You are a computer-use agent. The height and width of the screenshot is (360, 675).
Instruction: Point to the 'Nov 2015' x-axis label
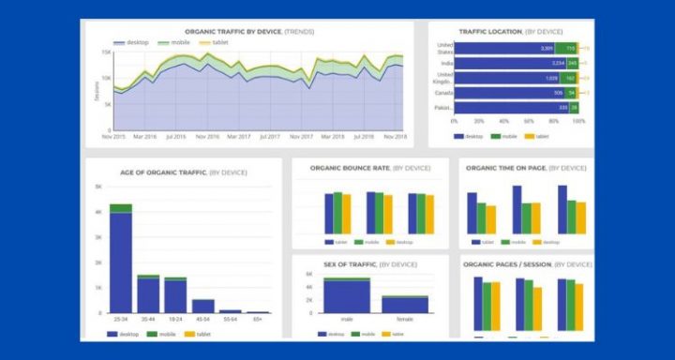(113, 136)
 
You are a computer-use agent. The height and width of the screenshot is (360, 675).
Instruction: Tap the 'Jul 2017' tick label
(268, 136)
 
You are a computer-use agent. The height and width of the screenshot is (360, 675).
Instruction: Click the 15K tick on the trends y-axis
(107, 52)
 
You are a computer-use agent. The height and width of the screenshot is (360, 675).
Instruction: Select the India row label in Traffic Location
(446, 63)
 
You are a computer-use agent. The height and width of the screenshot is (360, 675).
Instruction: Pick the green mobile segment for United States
(567, 48)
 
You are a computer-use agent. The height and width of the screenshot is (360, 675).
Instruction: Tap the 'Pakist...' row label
(444, 108)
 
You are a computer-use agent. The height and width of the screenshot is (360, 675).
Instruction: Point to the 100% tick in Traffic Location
(578, 121)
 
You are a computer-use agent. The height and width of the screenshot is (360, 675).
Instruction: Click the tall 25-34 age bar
(121, 262)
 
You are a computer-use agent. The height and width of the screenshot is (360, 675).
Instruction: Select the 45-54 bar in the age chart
(202, 306)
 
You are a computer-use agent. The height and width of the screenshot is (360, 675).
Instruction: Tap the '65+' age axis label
(258, 320)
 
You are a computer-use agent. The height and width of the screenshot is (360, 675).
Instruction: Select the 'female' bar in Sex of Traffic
(404, 304)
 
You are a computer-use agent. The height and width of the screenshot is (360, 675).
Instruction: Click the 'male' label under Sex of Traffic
(346, 319)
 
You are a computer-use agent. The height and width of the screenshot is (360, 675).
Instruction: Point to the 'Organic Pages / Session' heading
(511, 264)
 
